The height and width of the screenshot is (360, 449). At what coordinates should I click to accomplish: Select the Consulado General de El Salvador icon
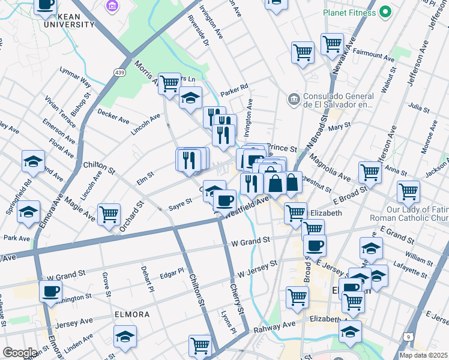click(x=294, y=98)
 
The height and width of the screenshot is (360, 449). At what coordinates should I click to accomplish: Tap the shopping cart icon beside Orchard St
click(x=109, y=214)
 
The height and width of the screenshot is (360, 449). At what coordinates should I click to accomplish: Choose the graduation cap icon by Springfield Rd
click(x=28, y=212)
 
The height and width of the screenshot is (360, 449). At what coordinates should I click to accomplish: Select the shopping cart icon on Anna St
click(x=370, y=172)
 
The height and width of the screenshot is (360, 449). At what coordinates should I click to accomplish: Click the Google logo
click(x=20, y=353)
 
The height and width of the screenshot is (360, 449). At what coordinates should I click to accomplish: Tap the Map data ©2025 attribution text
click(x=423, y=355)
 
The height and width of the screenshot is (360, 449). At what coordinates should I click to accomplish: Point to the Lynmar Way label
click(x=76, y=78)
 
